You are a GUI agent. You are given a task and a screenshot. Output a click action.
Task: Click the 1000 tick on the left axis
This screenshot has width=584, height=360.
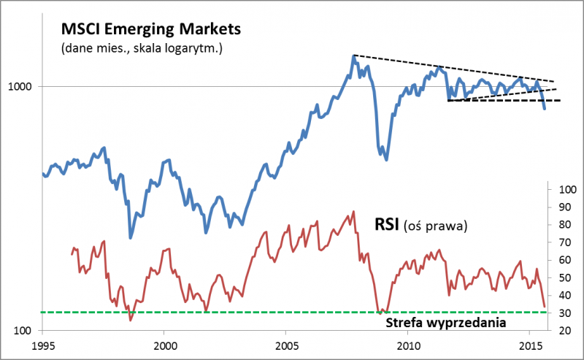click(23, 86)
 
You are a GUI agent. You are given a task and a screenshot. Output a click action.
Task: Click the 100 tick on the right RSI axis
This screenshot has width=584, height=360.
click(566, 189)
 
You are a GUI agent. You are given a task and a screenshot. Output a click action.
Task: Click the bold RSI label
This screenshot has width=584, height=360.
click(386, 223)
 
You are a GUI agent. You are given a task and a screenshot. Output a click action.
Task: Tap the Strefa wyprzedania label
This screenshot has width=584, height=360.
click(445, 321)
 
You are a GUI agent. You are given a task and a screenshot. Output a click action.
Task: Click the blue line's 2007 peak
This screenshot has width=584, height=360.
click(353, 55)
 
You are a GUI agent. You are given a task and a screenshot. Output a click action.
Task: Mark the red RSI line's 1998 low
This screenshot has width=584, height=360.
click(131, 320)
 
